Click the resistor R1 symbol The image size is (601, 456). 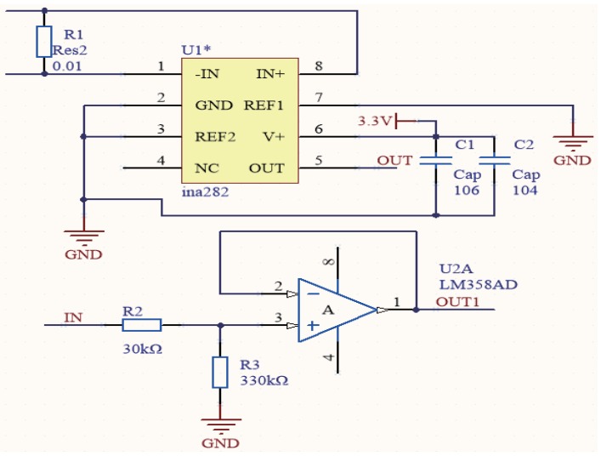point(44,42)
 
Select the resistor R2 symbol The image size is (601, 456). point(141,324)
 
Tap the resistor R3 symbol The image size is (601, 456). point(220,373)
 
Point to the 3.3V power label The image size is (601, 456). point(374,121)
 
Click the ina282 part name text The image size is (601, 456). point(204,192)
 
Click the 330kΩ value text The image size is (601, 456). point(264,380)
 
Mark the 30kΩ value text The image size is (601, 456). point(141,348)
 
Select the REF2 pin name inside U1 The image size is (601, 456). point(214,137)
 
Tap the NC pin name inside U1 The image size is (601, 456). point(206,168)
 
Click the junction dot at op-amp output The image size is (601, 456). point(416,310)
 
